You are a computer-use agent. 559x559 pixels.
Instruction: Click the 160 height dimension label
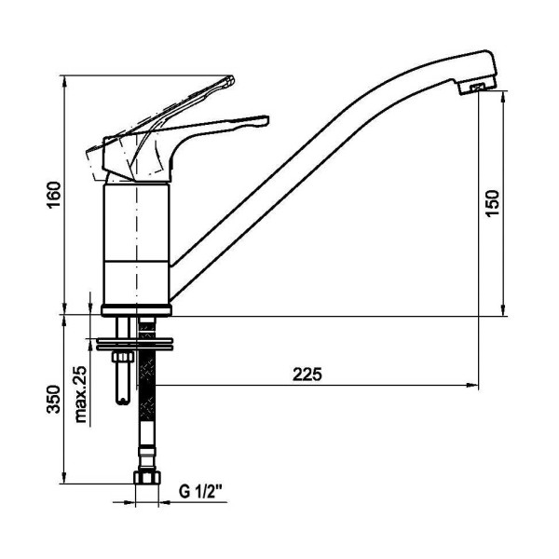tap(54, 195)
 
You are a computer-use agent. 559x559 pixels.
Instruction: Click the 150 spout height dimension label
tap(492, 203)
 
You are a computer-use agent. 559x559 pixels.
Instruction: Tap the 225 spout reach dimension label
tap(307, 375)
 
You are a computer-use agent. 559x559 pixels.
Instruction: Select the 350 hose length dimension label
tap(54, 399)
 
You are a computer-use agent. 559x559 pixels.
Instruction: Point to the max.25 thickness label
tap(81, 395)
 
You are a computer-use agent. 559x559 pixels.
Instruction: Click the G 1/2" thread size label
tap(200, 492)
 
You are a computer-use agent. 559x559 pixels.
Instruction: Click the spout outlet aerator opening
tap(477, 88)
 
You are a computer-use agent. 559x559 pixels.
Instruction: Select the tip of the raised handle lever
tap(231, 79)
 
